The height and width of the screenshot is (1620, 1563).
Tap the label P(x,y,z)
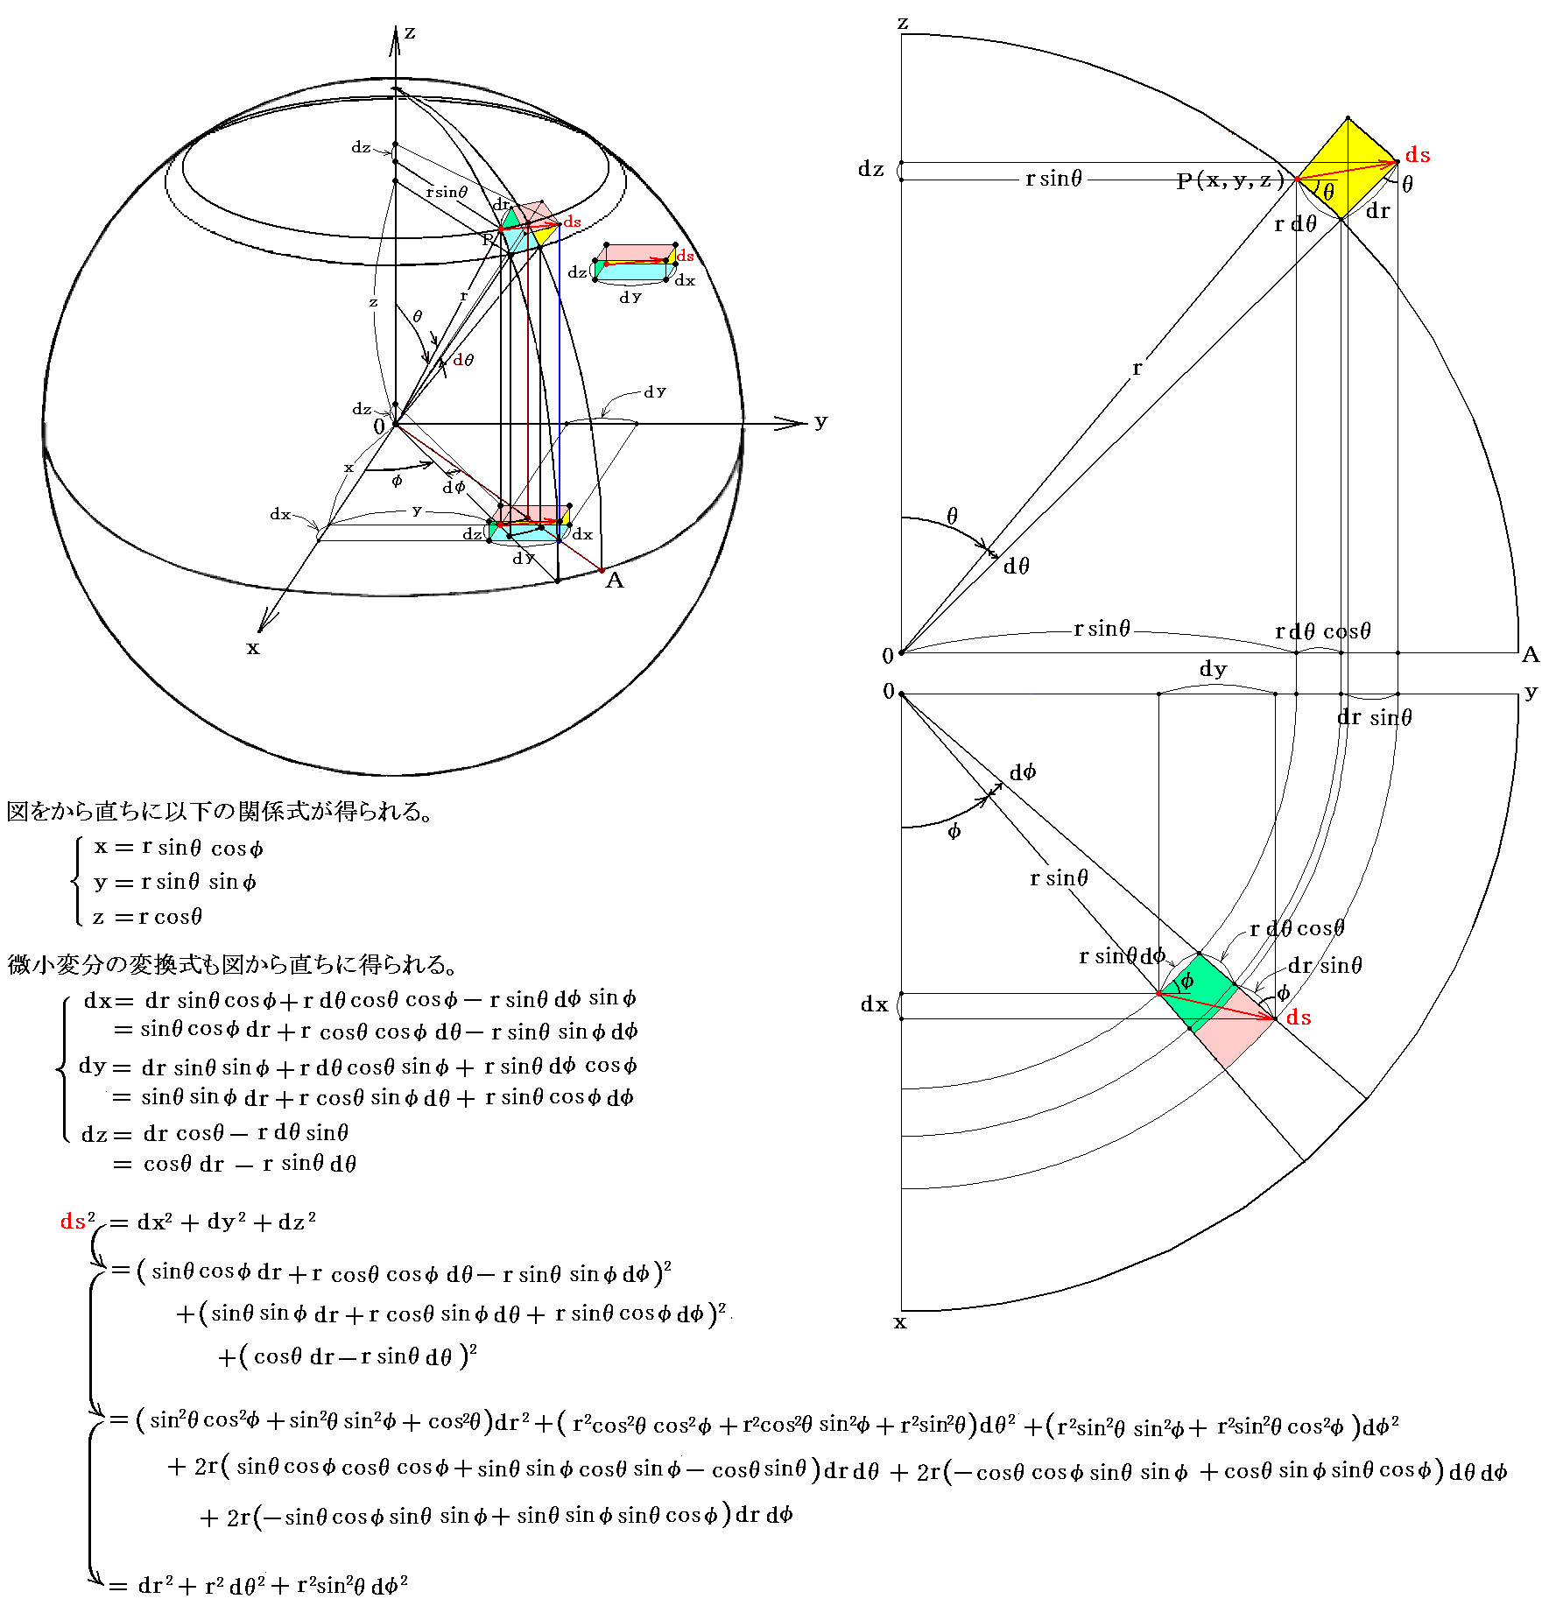[x=1229, y=180]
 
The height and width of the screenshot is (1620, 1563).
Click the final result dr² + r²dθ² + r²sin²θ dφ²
[x=272, y=1586]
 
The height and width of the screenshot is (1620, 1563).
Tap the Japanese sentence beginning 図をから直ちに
[x=219, y=812]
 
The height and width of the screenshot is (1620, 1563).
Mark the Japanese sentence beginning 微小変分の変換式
[x=232, y=964]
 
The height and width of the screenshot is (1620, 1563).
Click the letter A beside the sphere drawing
[x=615, y=581]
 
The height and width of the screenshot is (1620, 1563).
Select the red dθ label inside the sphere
[x=463, y=360]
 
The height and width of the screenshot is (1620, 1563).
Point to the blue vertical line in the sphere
[x=560, y=394]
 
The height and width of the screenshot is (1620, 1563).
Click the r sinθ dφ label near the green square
[x=1122, y=955]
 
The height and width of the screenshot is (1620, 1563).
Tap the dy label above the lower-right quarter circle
[x=1213, y=670]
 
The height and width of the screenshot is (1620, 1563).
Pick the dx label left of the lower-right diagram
[x=874, y=1004]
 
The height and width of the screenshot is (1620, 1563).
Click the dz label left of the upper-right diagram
[x=870, y=169]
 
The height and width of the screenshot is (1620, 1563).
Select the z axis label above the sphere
[x=410, y=33]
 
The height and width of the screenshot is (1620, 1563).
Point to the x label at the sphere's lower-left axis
[x=253, y=648]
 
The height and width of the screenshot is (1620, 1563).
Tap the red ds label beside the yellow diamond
[x=1417, y=155]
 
